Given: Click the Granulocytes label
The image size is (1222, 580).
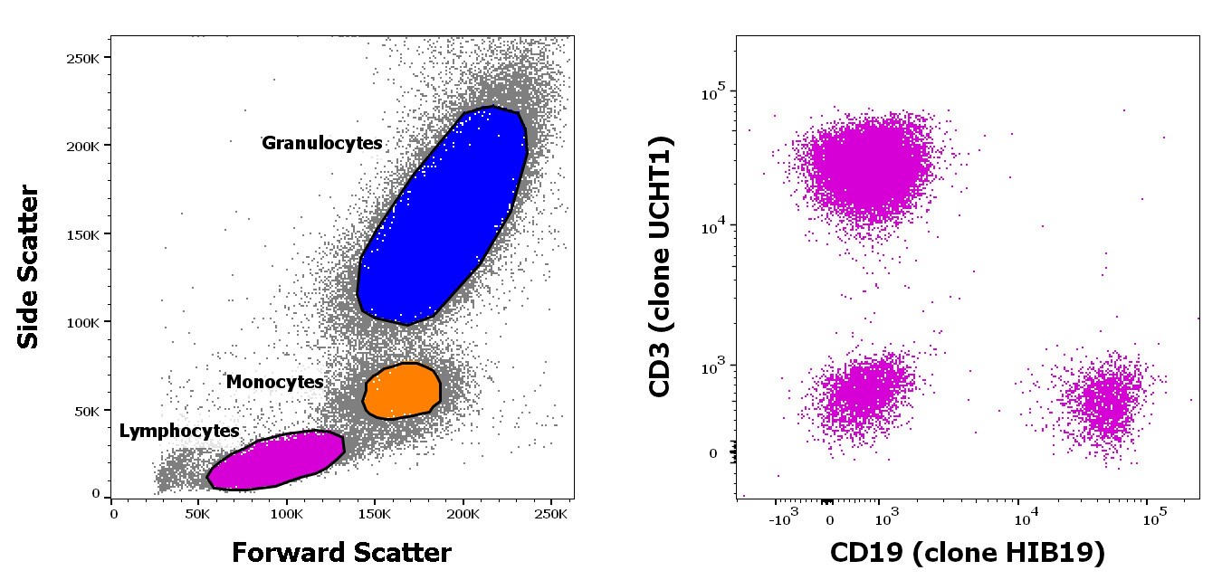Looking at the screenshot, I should [321, 143].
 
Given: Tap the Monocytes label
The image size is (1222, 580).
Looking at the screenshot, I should [274, 382].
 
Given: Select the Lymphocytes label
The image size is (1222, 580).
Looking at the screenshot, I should [179, 431].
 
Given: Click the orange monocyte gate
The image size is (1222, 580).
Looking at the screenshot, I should [402, 390].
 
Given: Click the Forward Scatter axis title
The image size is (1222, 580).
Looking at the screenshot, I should [341, 552].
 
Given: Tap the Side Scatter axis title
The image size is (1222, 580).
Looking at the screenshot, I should [29, 267].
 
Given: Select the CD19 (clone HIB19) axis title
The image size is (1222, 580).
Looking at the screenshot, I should [967, 552].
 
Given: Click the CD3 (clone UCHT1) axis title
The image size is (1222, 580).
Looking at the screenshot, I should [661, 267].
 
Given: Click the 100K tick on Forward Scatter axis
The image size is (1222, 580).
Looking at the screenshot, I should [286, 513].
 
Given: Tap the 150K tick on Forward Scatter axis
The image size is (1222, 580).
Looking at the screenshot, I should [374, 513].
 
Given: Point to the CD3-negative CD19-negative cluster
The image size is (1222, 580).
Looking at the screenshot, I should [860, 394].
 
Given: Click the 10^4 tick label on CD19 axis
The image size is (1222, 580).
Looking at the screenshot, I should [1024, 518].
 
